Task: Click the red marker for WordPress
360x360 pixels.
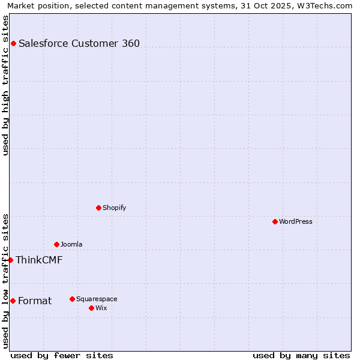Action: pos(275,221)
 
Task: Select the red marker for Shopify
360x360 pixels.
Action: pos(98,208)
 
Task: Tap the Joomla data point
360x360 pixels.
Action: pos(56,244)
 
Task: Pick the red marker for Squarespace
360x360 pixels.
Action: pos(72,299)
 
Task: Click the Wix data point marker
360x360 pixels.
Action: pos(91,308)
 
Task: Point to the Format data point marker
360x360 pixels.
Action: pos(13,301)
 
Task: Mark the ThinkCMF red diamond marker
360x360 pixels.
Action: pos(10,260)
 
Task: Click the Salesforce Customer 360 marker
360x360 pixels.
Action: pos(13,43)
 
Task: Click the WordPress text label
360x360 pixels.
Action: pos(295,221)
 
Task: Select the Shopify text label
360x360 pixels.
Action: pos(114,208)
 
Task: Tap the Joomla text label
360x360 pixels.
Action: pos(71,244)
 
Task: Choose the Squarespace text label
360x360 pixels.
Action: pos(97,299)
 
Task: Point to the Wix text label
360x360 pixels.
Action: pos(101,308)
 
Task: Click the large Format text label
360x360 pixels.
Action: pos(35,301)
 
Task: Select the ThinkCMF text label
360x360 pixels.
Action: pos(39,260)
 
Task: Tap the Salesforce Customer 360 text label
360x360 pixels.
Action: pos(79,43)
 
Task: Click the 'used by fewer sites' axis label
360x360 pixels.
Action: pos(62,355)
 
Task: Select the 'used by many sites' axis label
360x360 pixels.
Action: pos(301,355)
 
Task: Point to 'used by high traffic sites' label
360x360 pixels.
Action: pos(5,85)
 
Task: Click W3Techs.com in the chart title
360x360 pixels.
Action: pos(325,5)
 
